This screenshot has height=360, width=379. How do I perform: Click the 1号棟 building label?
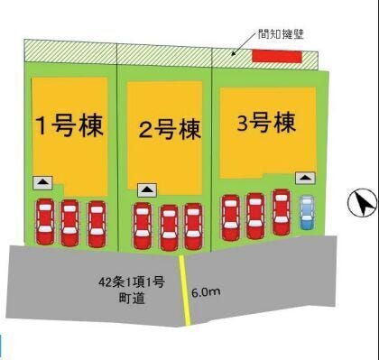70,126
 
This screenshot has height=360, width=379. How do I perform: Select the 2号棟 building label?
170,130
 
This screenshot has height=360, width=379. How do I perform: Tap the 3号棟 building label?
266,123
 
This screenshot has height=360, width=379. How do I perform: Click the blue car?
307,213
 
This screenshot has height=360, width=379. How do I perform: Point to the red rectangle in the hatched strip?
277,57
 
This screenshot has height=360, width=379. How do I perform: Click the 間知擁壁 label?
281,34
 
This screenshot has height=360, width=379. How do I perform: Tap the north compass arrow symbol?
363,202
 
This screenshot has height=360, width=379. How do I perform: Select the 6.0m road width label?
206,292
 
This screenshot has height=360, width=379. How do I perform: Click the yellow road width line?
184,291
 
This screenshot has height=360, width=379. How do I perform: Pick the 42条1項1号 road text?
132,282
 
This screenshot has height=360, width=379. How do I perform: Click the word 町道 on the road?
132,299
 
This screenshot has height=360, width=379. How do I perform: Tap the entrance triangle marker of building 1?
42,183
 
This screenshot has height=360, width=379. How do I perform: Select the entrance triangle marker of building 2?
147,190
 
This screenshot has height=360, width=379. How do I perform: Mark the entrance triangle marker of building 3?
305,178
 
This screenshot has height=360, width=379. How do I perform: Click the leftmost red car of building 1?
45,222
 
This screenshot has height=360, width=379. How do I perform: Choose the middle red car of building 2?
169,227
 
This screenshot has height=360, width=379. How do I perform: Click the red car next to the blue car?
282,212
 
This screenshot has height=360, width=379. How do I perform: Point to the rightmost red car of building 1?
97,224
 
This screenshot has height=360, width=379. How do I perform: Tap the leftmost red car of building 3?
231,217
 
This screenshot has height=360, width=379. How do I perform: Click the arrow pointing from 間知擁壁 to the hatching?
245,45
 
